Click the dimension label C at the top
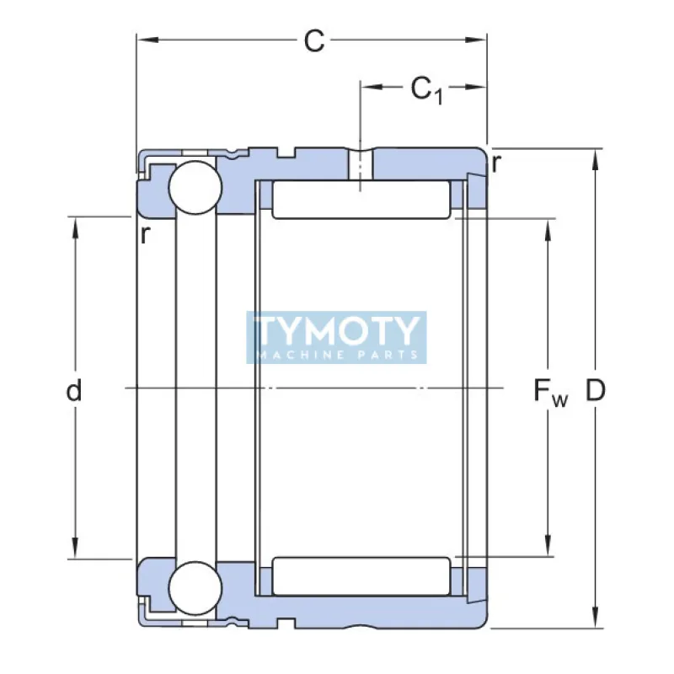pos(313,40)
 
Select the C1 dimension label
pos(425,88)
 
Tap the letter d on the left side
pos(75,390)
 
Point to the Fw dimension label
pos(550,391)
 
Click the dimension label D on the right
pos(596,390)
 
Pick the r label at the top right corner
pos(497,163)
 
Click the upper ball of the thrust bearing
pos(195,187)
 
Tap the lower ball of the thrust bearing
pos(195,587)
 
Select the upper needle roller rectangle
pos(362,200)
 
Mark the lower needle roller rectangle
pos(362,576)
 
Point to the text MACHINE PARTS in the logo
pos(336,355)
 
